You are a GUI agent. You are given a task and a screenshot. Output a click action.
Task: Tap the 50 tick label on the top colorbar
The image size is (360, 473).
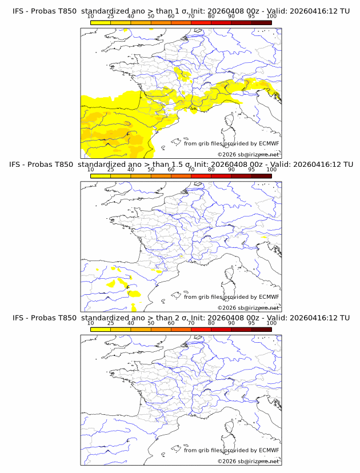[151, 17]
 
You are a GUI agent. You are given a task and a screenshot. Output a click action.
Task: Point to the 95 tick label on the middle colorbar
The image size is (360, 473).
[251, 170]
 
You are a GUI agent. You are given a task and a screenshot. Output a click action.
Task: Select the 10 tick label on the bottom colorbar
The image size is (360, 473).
[91, 323]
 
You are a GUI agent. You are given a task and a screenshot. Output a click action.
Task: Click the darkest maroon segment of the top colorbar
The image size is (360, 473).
[261, 22]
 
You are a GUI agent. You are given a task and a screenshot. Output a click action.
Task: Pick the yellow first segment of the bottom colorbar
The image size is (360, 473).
[101, 330]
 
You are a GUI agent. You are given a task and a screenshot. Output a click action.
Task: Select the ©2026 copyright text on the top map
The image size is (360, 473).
[226, 154]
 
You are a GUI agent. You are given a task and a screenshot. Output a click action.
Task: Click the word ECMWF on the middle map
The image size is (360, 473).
[269, 297]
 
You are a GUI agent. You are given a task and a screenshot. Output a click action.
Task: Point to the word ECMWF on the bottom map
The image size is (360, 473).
[269, 451]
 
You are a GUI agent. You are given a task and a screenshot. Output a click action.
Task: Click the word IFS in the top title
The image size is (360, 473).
[18, 11]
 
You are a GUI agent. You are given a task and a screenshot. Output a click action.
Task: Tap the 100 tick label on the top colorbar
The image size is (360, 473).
[271, 17]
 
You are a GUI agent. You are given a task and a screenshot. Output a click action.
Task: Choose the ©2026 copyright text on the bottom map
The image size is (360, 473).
[226, 462]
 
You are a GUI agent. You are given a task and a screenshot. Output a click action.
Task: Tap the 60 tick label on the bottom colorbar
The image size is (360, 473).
[171, 323]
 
